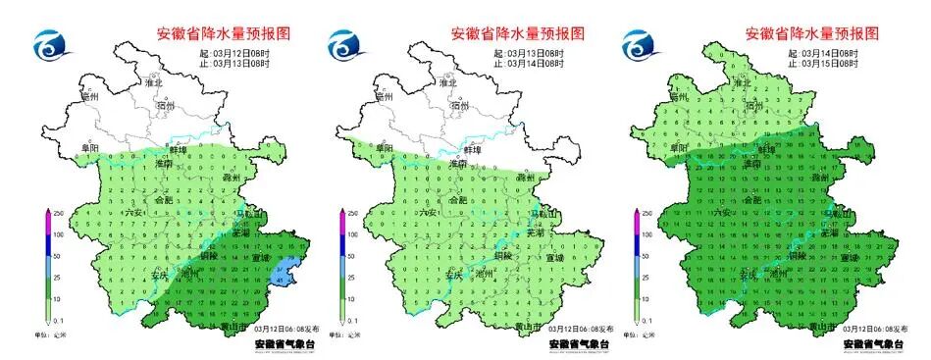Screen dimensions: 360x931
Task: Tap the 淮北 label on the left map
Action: point(155,83)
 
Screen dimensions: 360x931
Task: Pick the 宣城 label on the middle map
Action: point(553,258)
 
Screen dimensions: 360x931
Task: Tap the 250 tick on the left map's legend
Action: point(57,212)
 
